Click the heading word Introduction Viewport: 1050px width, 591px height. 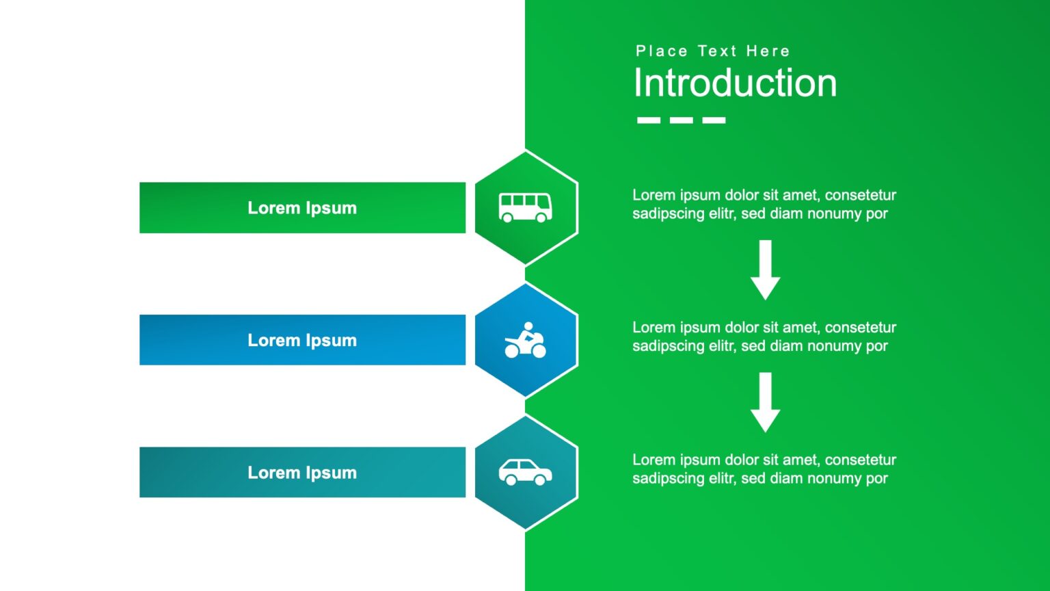(x=735, y=83)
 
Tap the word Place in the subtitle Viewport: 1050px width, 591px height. (x=661, y=51)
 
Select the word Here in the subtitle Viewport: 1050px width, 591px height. (x=768, y=51)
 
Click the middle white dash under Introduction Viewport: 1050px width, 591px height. (x=681, y=120)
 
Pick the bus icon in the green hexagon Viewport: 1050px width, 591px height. (x=525, y=207)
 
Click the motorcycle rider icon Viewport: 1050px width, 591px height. (x=525, y=341)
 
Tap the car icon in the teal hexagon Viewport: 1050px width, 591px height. (x=525, y=472)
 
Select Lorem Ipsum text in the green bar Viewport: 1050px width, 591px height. (x=302, y=208)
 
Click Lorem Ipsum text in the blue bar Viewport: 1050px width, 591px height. (x=302, y=340)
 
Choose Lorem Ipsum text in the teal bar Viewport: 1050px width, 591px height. (x=302, y=473)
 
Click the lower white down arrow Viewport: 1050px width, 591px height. (x=765, y=402)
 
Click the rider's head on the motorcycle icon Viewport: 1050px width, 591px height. (x=528, y=326)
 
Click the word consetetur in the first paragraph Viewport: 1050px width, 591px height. (x=860, y=196)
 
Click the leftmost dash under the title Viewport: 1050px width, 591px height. (x=648, y=120)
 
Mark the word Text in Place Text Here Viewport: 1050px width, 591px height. (x=717, y=51)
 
